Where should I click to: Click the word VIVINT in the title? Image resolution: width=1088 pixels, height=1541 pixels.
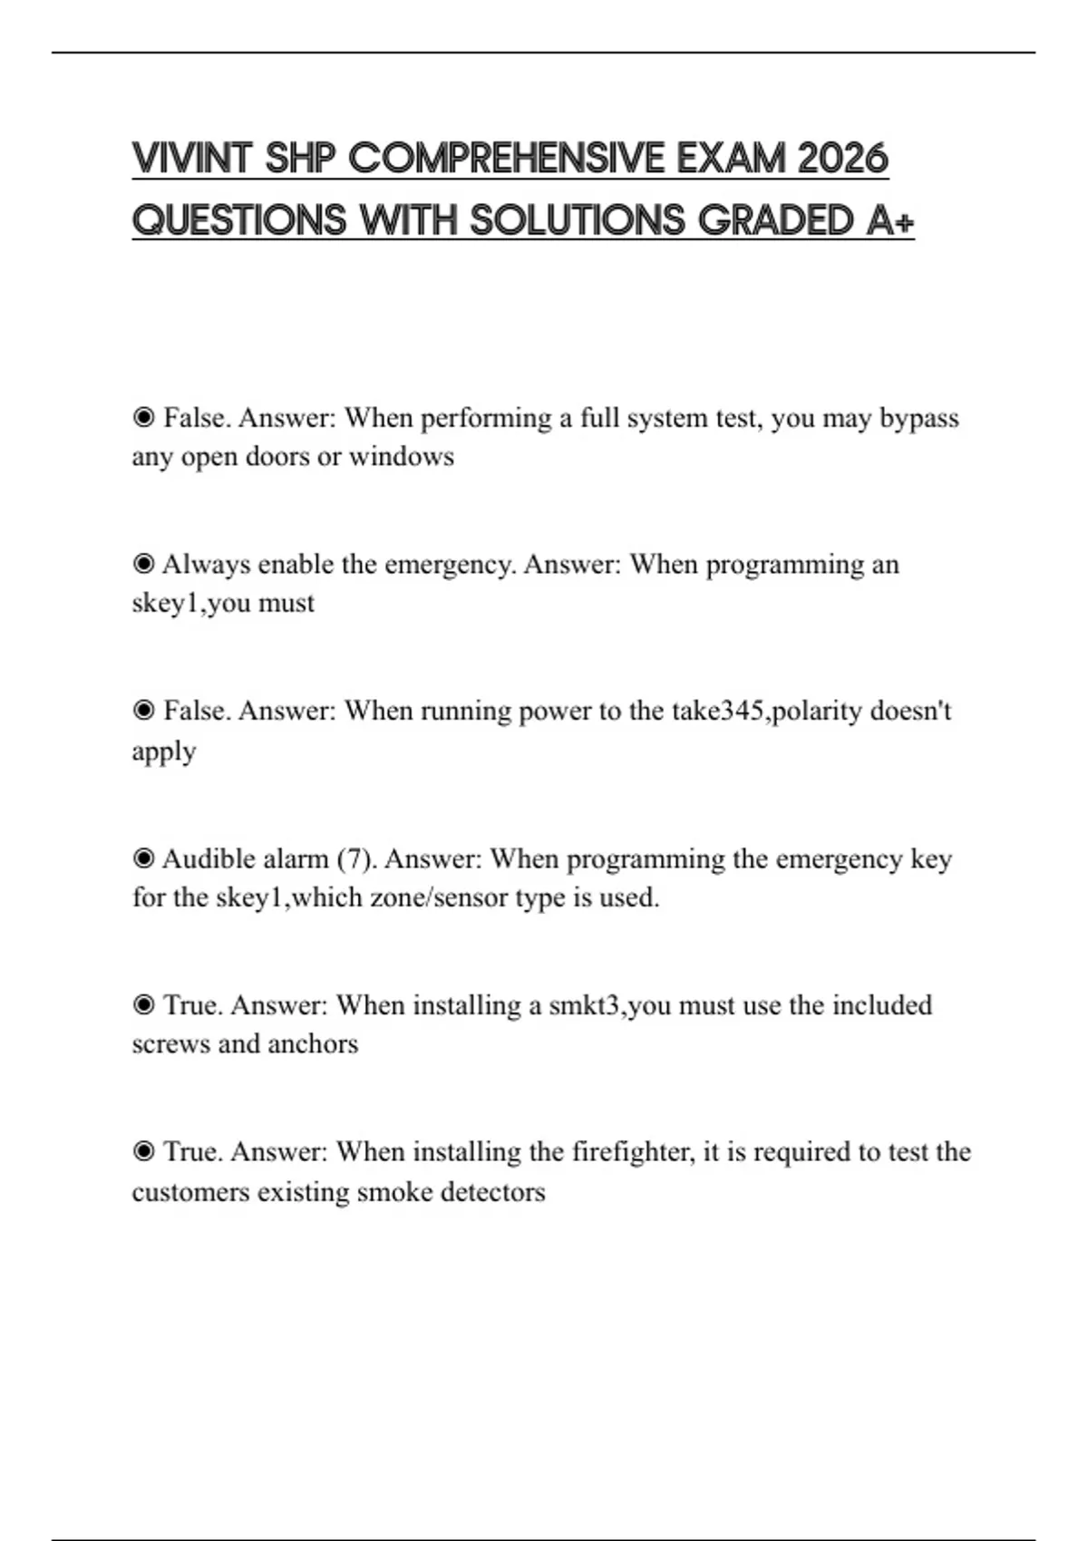[x=190, y=159]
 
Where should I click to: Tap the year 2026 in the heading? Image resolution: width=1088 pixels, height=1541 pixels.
[x=842, y=159]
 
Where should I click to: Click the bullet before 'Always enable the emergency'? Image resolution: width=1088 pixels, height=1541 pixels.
[x=143, y=564]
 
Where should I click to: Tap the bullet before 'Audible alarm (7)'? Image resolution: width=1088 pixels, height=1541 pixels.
[x=143, y=858]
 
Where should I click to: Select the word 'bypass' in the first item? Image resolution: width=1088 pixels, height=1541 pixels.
[x=918, y=419]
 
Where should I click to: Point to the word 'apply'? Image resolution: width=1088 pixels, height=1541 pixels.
[x=164, y=751]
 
